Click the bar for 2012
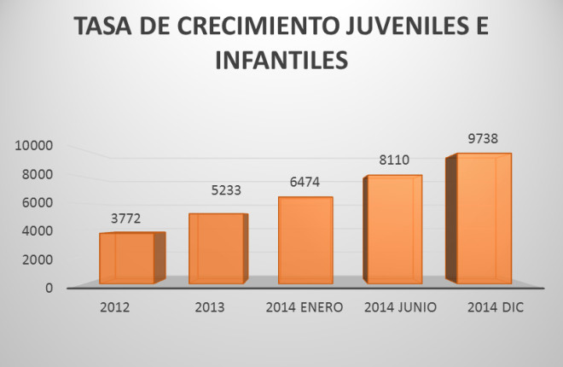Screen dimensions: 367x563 pyautogui.click(x=127, y=258)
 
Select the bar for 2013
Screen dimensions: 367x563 pyautogui.click(x=217, y=248)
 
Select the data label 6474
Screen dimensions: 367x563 pyautogui.click(x=306, y=182)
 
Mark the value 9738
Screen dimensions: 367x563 pyautogui.click(x=483, y=137)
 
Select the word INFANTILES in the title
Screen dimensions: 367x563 pyautogui.click(x=282, y=61)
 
